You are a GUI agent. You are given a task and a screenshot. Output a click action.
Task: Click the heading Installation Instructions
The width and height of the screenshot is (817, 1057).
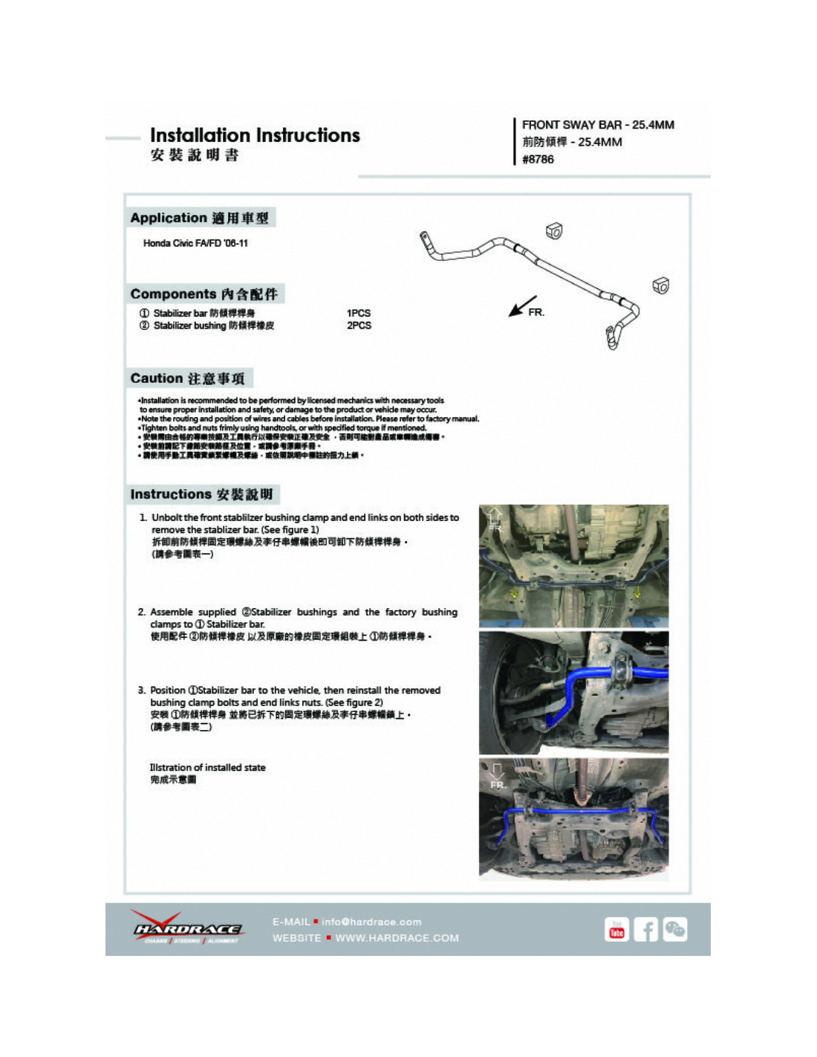tap(255, 135)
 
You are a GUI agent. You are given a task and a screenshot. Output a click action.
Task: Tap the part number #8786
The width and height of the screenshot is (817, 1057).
tap(538, 159)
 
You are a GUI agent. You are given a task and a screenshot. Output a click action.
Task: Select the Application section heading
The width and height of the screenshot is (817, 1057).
tap(199, 218)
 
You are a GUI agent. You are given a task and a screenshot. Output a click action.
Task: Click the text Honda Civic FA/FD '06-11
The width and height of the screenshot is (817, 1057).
tap(195, 243)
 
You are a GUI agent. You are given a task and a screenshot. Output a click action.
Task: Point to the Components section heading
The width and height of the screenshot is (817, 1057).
tap(204, 294)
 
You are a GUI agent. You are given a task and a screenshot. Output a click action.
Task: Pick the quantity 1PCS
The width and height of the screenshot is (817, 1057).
tap(359, 313)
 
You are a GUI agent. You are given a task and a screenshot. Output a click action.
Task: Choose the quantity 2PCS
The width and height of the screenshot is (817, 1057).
tap(359, 326)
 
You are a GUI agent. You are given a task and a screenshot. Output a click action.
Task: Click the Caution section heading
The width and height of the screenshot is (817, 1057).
tap(187, 378)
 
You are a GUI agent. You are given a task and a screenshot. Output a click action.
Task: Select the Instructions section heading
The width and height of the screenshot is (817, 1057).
tap(201, 494)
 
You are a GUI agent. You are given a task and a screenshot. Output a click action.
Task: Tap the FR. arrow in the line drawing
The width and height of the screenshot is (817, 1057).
tap(524, 306)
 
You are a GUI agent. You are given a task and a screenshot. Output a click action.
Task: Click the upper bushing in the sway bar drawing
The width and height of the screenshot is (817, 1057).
tap(554, 231)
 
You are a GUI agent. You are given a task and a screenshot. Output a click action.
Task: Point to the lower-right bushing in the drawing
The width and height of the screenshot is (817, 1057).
tap(660, 285)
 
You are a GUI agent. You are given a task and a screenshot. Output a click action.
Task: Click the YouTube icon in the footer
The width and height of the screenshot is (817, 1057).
tap(616, 929)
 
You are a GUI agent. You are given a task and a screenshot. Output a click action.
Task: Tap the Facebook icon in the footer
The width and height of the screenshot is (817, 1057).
tap(645, 929)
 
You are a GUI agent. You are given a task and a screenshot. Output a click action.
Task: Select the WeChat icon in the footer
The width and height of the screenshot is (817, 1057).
tap(674, 929)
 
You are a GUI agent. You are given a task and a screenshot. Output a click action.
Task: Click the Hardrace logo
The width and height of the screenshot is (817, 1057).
tap(187, 928)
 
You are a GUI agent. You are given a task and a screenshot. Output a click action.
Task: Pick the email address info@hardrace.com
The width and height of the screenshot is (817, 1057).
tap(371, 922)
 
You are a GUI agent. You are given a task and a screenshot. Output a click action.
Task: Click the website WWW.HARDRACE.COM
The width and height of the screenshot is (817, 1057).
tap(397, 938)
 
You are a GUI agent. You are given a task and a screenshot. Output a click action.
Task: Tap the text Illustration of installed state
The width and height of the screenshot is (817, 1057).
tap(207, 767)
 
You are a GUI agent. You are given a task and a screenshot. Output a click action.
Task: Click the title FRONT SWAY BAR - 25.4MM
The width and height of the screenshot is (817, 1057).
tap(598, 125)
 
